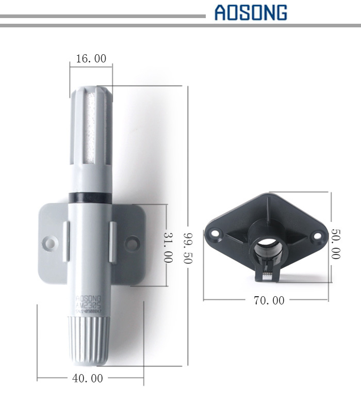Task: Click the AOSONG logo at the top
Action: (x=251, y=12)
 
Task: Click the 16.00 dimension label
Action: (x=91, y=59)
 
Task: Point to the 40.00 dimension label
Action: (x=87, y=378)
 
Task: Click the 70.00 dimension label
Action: (x=269, y=300)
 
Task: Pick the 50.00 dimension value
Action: (x=335, y=244)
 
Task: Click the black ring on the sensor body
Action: (x=89, y=197)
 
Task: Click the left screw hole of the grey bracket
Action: (x=50, y=241)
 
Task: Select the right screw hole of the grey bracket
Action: (x=133, y=241)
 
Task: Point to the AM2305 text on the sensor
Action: (x=88, y=305)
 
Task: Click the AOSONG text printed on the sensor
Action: (x=88, y=298)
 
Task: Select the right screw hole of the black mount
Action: (x=317, y=237)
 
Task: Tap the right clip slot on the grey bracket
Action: (x=111, y=240)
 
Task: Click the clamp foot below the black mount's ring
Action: (x=267, y=274)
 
